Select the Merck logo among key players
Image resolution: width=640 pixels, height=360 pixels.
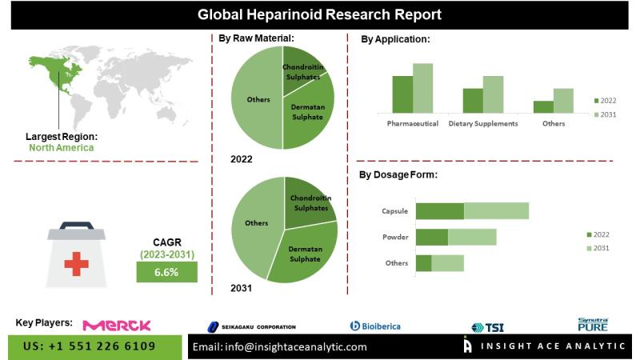(x=118, y=325)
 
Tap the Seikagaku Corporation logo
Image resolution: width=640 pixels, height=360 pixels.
(x=252, y=326)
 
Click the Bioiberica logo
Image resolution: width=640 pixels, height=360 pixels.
(x=376, y=326)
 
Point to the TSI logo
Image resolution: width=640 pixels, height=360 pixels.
(x=488, y=326)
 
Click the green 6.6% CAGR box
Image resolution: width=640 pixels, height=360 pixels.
(x=166, y=272)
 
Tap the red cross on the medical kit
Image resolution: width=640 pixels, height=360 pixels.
(x=77, y=263)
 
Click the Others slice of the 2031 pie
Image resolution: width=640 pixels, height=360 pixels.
(x=254, y=224)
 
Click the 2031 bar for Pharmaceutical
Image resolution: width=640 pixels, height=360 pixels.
(x=422, y=88)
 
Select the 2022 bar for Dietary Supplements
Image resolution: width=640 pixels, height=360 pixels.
(x=473, y=99)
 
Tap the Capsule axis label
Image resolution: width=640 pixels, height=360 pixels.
(x=395, y=211)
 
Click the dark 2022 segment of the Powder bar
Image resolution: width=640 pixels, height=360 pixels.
(x=431, y=237)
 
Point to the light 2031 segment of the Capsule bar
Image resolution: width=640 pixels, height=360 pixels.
(x=496, y=211)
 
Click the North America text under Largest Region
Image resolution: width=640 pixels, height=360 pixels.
(x=61, y=147)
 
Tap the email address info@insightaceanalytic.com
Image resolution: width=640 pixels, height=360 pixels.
(x=279, y=346)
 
